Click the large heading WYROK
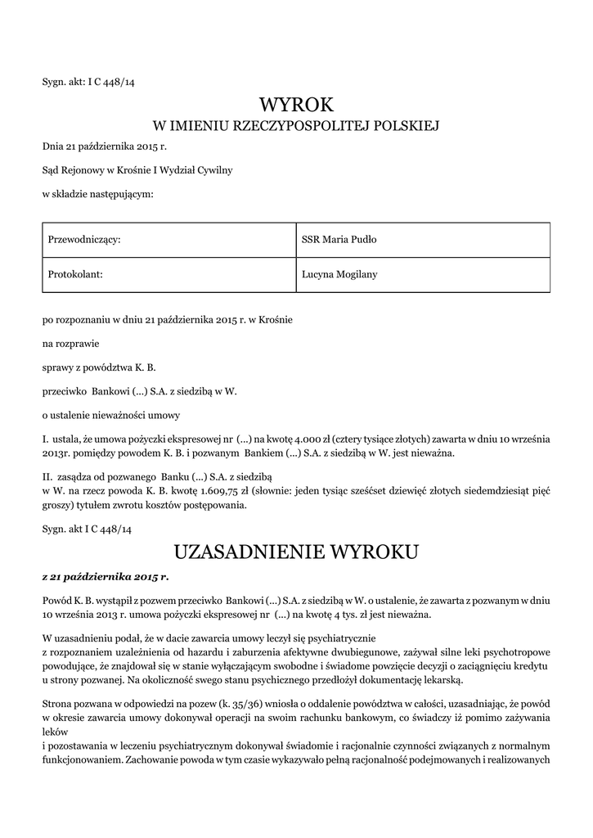click(297, 105)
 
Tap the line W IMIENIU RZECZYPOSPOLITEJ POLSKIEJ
click(297, 127)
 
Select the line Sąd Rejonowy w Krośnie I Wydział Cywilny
click(137, 169)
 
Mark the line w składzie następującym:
click(98, 194)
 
